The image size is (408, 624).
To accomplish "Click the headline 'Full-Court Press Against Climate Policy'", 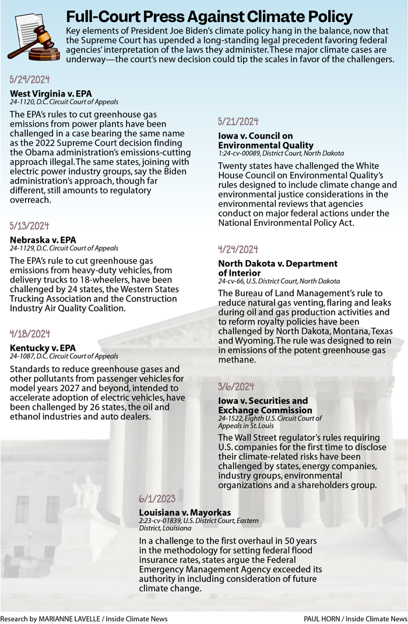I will click(209, 16).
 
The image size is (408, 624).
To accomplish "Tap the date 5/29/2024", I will click(30, 80).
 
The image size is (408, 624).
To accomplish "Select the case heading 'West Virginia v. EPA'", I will click(51, 93).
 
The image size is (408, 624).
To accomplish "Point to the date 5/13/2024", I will click(30, 226).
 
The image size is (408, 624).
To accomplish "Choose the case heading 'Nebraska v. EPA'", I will click(43, 239).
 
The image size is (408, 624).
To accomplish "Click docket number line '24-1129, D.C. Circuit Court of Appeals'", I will click(64, 248).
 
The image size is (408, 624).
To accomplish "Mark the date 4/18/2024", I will click(30, 334).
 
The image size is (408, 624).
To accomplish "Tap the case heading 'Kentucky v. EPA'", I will click(43, 348).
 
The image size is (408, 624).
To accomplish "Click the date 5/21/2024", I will click(238, 122).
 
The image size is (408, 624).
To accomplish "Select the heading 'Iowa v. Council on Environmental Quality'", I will click(266, 140).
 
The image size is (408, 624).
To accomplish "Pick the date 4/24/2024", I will click(238, 250).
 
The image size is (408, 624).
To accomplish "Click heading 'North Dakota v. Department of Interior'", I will click(277, 268).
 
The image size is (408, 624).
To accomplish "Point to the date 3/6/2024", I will click(236, 387).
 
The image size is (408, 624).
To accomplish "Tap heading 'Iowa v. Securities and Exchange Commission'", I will click(263, 406).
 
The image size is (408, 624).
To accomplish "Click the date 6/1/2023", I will click(157, 499).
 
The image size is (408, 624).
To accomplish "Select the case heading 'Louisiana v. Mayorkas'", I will click(185, 512).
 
